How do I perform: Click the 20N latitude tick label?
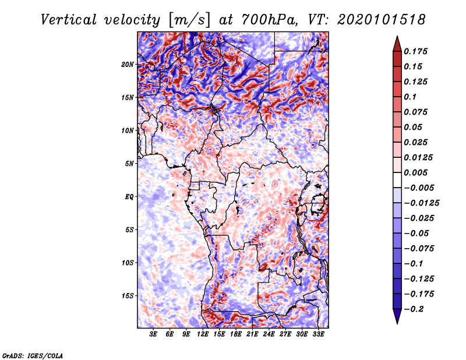pos(128,64)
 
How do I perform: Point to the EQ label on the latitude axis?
pos(129,196)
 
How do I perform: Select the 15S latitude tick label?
pos(128,295)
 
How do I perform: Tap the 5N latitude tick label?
pos(129,163)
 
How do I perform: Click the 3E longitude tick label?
pos(154,334)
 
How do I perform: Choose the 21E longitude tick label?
pos(252,334)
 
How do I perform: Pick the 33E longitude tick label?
pos(318,334)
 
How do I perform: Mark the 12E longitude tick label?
pos(203,334)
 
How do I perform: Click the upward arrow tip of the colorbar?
pos(396,38)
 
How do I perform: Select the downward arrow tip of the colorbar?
pos(396,322)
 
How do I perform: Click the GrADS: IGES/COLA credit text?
pos(32,355)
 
